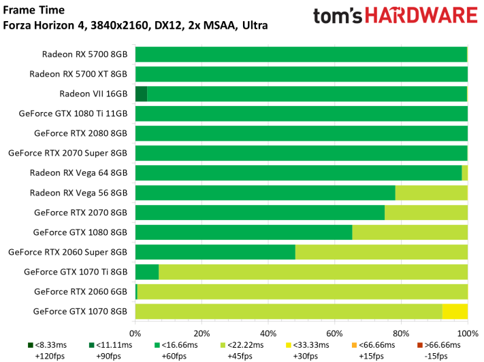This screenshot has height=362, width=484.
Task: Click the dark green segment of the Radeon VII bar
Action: (x=142, y=94)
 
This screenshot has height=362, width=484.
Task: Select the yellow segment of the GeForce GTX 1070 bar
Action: (x=455, y=312)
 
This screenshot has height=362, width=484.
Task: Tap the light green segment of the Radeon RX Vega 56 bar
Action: (x=432, y=193)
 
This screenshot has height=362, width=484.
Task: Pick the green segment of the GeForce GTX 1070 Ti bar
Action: (x=147, y=272)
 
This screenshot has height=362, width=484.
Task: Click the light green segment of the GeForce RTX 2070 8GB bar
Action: (x=426, y=213)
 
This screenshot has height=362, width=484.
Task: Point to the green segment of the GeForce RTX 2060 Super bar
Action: (x=216, y=252)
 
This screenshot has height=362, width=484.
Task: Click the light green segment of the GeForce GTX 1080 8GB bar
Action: (x=410, y=232)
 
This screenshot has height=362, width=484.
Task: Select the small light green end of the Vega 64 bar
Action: (x=464, y=173)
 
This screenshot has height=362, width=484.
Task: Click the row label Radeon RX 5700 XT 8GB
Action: (x=78, y=74)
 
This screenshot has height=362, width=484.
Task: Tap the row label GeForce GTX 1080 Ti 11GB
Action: (x=73, y=113)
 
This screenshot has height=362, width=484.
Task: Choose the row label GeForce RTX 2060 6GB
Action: (x=80, y=291)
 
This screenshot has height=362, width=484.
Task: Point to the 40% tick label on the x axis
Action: (x=268, y=333)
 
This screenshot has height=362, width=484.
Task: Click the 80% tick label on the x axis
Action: (x=401, y=333)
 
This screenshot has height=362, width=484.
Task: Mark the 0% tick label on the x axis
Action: (x=135, y=333)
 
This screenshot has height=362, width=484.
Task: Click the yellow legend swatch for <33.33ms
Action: (x=289, y=345)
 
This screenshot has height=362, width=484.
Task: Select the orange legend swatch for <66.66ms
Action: (x=355, y=345)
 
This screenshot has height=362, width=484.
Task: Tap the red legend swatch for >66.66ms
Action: (x=420, y=345)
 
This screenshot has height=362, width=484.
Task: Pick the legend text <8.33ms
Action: (x=51, y=345)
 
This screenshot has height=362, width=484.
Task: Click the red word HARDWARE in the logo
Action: (x=421, y=16)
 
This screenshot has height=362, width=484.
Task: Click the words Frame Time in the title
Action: (x=33, y=10)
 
